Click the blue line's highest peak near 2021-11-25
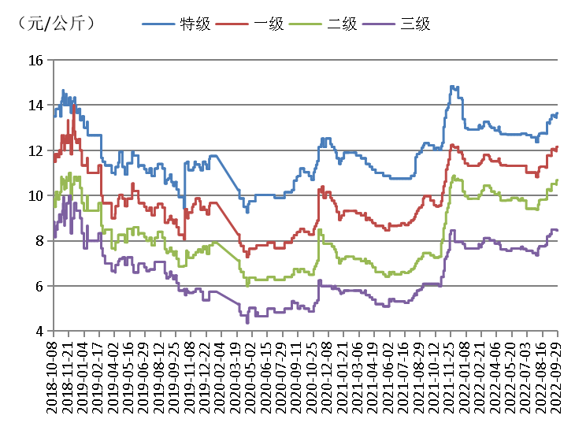coord(452,86)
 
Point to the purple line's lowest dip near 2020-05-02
coord(247,322)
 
